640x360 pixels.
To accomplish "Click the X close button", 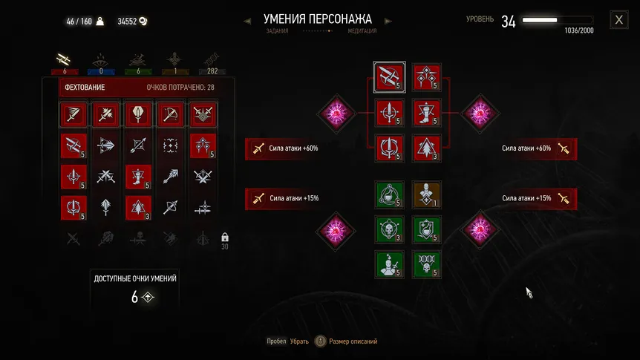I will coord(618,20).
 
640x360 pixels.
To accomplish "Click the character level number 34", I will coord(509,22).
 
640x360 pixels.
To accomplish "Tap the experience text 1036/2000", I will coord(578,30).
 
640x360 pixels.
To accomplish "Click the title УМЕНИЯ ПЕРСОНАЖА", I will coord(318,19).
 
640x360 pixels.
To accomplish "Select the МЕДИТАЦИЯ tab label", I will coord(362,31).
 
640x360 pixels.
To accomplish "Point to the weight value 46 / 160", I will coord(79,22).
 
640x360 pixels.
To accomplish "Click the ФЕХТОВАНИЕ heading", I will coord(85,88).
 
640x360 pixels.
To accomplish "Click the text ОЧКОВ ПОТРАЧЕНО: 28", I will coord(180,88).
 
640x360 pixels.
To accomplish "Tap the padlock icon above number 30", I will coord(224,237).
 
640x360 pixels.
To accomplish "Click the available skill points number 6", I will coord(135,297).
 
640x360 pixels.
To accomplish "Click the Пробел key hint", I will coord(276,341).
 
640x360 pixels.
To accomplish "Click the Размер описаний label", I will coord(353,341).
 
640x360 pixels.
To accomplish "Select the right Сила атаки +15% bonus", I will coord(532,198).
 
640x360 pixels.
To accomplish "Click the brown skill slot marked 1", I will coord(426,195).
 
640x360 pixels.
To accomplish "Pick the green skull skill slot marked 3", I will coord(388,229).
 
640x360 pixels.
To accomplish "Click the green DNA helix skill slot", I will coord(426,264).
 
